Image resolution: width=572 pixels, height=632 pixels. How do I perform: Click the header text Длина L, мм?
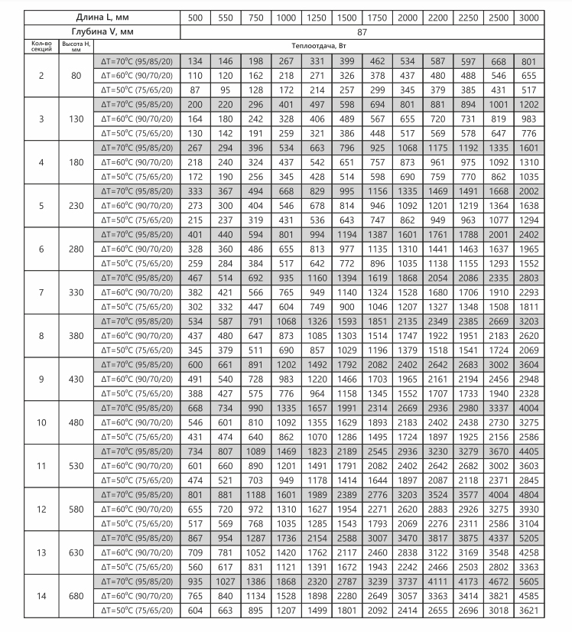pos(92,18)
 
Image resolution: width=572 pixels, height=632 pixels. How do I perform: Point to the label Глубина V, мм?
pos(92,33)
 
